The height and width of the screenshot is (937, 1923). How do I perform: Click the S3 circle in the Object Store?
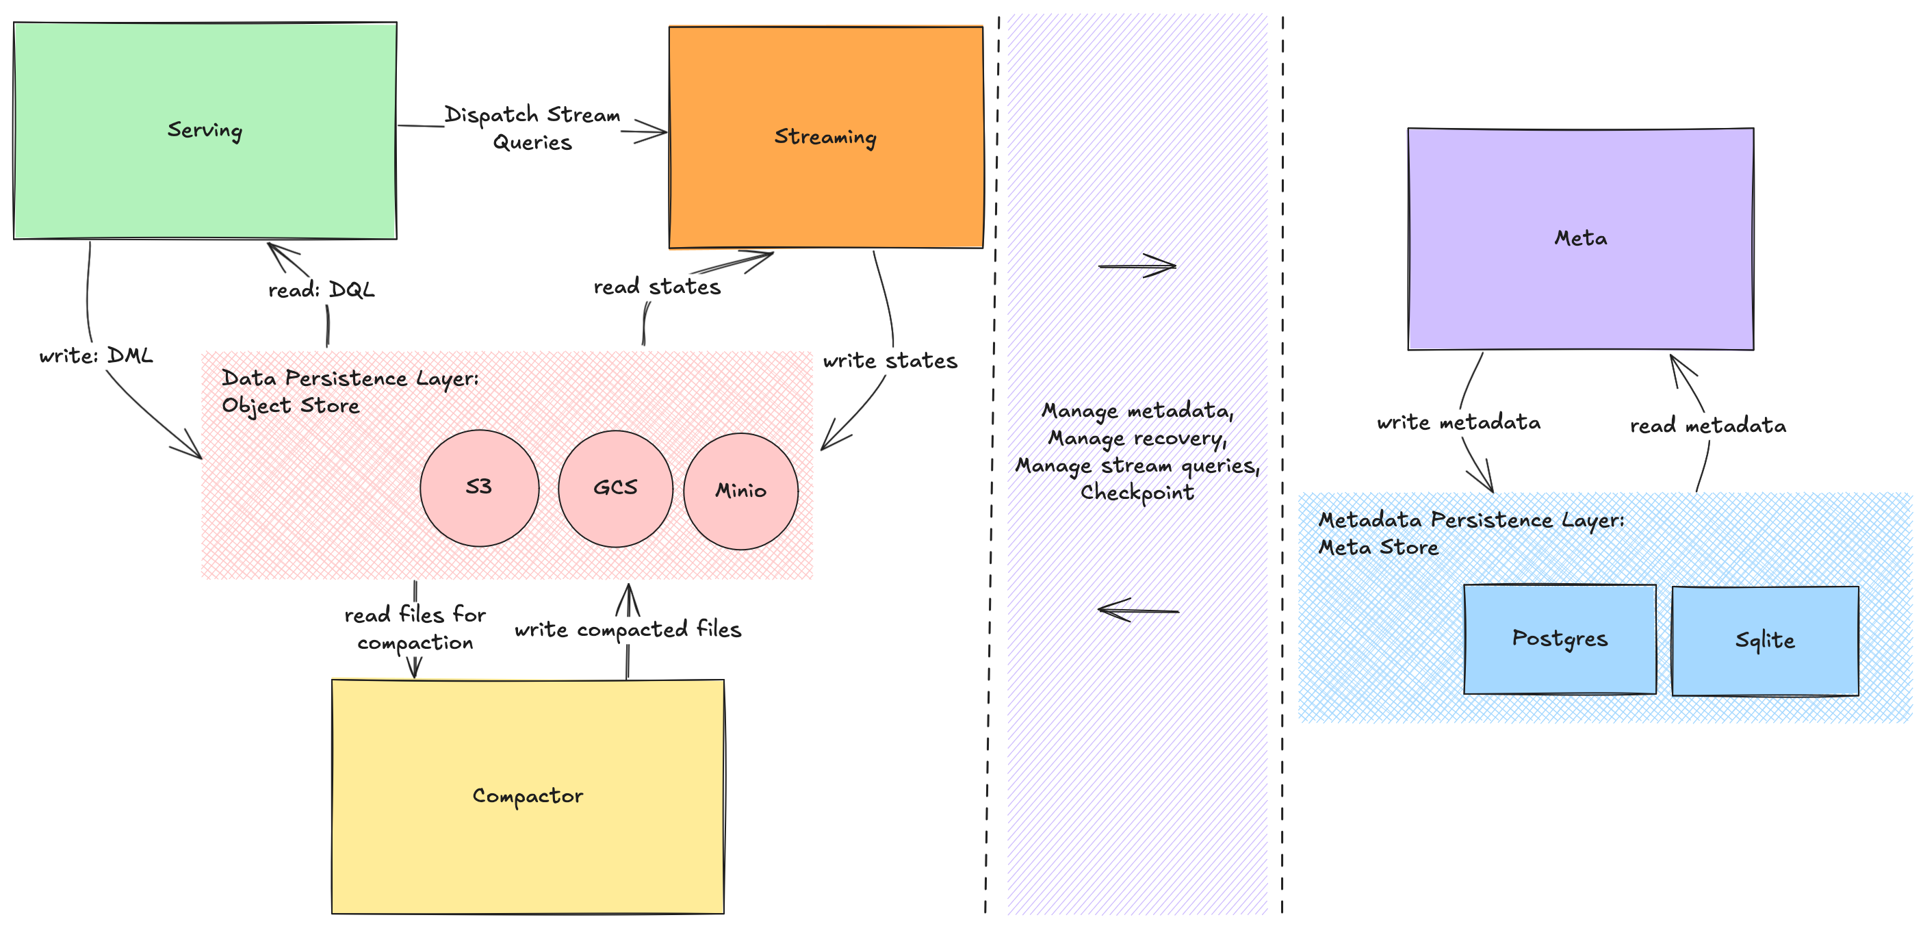(x=479, y=487)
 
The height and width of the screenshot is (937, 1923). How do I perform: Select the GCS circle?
(x=615, y=488)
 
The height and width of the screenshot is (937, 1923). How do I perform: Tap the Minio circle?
(x=740, y=491)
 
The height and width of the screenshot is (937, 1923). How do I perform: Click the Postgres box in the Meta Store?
(x=1560, y=639)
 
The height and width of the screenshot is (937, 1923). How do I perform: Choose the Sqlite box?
(x=1765, y=641)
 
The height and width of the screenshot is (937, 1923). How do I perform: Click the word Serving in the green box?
(x=205, y=131)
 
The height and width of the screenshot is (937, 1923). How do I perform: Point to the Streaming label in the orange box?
(x=825, y=138)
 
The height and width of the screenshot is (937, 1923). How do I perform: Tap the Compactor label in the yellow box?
(x=528, y=796)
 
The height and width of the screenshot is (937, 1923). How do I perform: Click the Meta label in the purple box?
(x=1580, y=238)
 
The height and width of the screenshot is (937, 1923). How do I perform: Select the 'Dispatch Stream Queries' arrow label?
(x=532, y=129)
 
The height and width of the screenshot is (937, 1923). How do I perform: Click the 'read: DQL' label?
(x=321, y=290)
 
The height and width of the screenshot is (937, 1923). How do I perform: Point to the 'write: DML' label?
(x=96, y=355)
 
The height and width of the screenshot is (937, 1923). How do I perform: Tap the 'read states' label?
(x=657, y=287)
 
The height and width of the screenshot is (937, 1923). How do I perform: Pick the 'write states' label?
(x=890, y=361)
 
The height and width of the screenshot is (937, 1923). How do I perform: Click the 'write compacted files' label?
(x=628, y=630)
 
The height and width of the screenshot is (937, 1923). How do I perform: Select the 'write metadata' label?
(x=1458, y=422)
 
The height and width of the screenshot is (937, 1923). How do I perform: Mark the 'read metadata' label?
(x=1708, y=426)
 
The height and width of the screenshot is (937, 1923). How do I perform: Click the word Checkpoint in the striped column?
(x=1137, y=493)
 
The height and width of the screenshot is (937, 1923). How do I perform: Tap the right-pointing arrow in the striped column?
(x=1137, y=265)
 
